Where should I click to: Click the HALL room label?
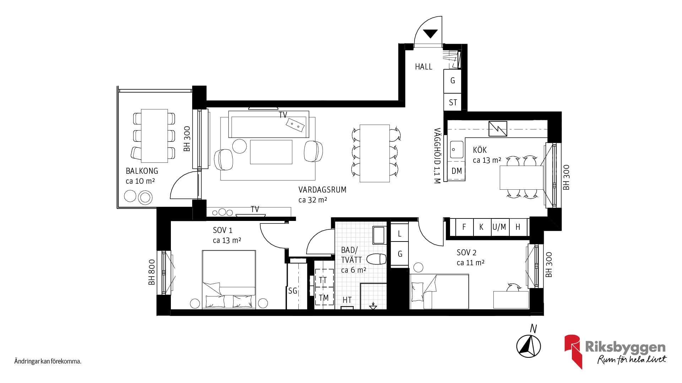(423, 67)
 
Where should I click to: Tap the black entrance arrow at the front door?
(431, 34)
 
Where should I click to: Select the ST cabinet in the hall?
(453, 102)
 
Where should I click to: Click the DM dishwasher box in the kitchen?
(456, 171)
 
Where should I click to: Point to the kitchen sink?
(456, 149)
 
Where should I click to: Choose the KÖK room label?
(480, 150)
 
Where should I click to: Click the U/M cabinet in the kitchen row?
(499, 227)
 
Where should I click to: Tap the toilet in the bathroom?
(376, 259)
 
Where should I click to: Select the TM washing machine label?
(324, 298)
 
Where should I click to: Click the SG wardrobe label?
(293, 291)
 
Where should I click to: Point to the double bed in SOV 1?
(229, 279)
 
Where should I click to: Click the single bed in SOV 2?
(439, 292)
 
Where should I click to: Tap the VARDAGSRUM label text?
(322, 190)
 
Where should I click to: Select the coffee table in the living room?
(271, 152)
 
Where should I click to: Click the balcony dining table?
(155, 135)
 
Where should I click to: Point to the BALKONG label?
(142, 171)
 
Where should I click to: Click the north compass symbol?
(529, 346)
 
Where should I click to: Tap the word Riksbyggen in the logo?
(625, 347)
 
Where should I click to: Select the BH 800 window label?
(152, 272)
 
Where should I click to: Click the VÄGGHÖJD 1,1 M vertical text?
(437, 155)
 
